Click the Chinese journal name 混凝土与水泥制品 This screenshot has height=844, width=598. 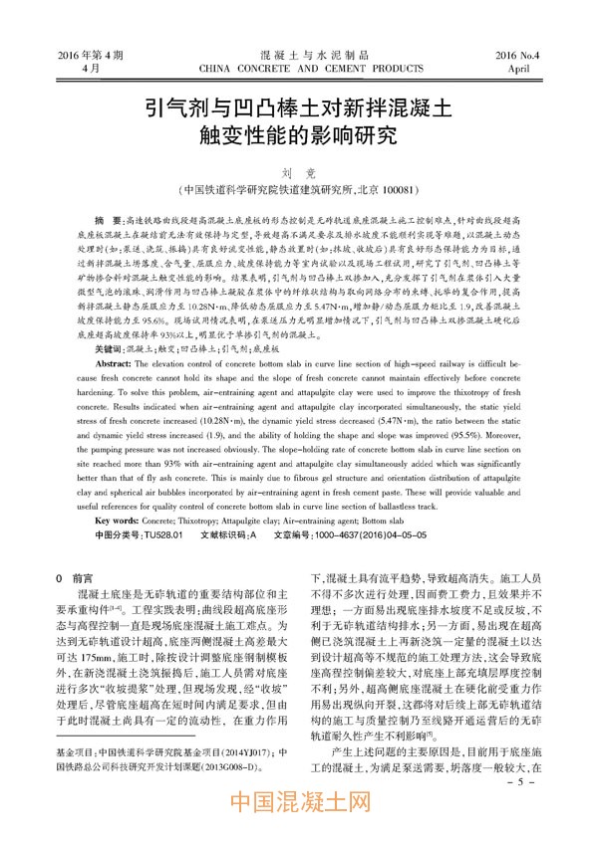coord(299,54)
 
